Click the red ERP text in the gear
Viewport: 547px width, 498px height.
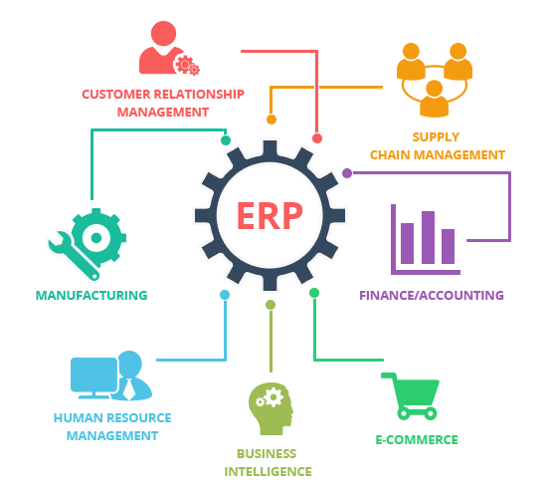click(270, 215)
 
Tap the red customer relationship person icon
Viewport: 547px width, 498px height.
click(169, 48)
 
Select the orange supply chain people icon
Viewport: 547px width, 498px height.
click(435, 80)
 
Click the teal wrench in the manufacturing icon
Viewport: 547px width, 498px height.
click(74, 255)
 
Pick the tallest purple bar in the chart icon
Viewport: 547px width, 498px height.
click(428, 237)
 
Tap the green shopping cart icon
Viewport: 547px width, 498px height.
click(410, 396)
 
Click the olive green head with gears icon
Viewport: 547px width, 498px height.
click(271, 408)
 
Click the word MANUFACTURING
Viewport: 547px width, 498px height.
click(91, 295)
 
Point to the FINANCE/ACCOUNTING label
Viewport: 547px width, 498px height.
click(432, 295)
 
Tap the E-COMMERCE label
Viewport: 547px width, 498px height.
click(417, 439)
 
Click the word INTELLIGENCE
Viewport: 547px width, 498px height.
click(268, 472)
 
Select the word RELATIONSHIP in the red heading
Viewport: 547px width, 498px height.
click(199, 94)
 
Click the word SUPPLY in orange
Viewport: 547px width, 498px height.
click(436, 137)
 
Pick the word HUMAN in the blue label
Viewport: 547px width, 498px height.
click(79, 418)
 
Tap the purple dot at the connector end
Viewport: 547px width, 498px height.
click(347, 173)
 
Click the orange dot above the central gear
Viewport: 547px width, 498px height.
click(272, 120)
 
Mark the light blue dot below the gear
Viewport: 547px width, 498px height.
click(225, 295)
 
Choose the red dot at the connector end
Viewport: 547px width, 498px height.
click(317, 138)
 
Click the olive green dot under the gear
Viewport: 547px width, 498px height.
click(271, 305)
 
